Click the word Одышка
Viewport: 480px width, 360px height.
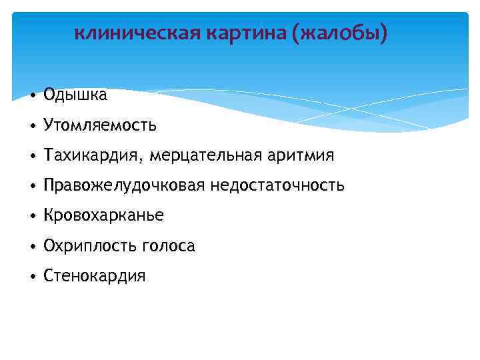75,95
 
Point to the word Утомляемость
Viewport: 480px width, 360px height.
100,125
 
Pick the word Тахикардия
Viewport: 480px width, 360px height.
93,155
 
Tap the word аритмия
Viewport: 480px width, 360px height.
299,155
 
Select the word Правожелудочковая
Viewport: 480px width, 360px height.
125,185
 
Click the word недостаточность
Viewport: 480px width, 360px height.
278,185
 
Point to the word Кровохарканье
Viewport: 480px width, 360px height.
103,216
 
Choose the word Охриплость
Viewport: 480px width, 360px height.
90,246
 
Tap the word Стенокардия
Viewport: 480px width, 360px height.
94,276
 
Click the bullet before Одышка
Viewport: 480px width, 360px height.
33,95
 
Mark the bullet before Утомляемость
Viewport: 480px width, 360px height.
33,125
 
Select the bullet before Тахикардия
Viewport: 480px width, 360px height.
33,156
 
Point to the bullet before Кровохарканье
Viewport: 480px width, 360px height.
33,217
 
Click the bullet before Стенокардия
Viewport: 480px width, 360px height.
33,277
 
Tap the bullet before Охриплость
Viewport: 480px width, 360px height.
33,247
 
